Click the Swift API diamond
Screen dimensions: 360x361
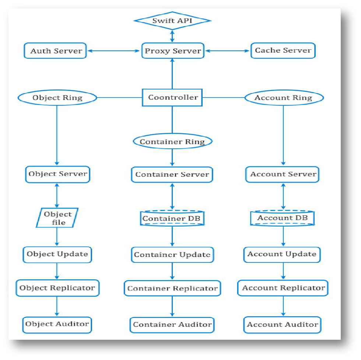pos(172,20)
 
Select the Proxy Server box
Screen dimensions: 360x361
pos(172,51)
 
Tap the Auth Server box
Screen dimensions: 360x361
pos(56,51)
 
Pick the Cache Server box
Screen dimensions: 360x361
pos(283,50)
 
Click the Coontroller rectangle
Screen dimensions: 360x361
pos(172,98)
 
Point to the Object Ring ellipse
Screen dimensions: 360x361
pos(57,98)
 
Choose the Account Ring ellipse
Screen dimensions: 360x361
pos(283,98)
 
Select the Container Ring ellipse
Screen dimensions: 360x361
pos(172,142)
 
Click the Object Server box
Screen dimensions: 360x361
pos(57,174)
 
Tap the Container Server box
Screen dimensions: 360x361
pos(172,174)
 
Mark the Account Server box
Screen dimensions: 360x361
pos(283,174)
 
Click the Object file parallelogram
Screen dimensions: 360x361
pos(57,218)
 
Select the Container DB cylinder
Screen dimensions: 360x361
pos(172,219)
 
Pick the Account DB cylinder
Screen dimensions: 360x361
pos(283,218)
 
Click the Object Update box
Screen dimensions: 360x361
pos(57,254)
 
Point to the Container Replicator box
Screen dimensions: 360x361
pos(172,288)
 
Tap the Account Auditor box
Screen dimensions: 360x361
pos(283,325)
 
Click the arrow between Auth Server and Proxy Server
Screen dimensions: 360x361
pos(114,51)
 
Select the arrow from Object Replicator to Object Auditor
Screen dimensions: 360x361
pos(57,306)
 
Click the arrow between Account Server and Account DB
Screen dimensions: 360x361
pos(283,197)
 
